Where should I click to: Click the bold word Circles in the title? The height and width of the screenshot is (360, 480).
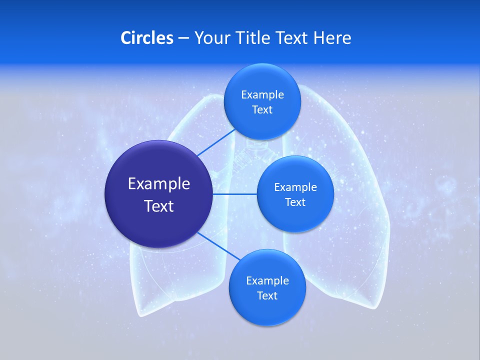(147, 37)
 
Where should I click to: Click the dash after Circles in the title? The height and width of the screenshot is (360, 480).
(183, 38)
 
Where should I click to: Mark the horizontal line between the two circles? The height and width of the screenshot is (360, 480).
(235, 194)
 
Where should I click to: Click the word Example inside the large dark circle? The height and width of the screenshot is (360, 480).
(159, 183)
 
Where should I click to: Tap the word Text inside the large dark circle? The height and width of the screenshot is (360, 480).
(159, 206)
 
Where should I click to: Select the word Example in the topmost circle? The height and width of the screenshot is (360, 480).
(262, 94)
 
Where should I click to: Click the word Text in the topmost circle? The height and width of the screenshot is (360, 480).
(262, 109)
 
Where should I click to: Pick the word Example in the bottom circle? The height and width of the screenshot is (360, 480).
(267, 280)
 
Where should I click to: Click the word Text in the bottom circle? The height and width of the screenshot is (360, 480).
(267, 295)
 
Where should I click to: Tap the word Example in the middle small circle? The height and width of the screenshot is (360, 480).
(295, 187)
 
